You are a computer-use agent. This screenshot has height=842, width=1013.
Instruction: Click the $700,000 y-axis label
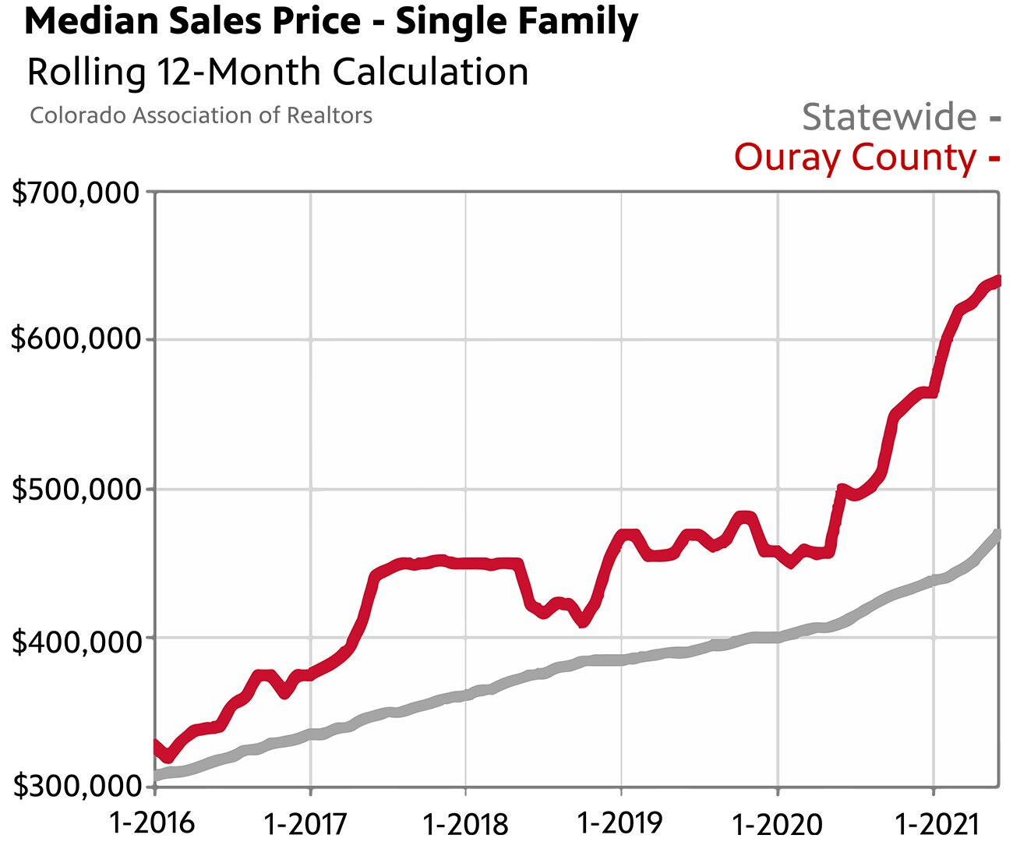click(x=76, y=193)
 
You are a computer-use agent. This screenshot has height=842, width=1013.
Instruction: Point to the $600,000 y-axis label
click(x=76, y=339)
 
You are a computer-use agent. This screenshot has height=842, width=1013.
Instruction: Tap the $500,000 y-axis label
click(x=76, y=490)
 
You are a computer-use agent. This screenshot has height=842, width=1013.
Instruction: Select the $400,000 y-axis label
click(x=76, y=639)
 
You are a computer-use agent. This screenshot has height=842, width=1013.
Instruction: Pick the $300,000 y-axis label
click(x=76, y=786)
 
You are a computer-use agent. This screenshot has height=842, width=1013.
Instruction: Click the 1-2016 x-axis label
click(x=153, y=822)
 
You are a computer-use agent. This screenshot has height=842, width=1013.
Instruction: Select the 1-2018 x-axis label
click(x=464, y=823)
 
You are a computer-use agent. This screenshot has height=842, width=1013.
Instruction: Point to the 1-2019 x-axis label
click(x=619, y=822)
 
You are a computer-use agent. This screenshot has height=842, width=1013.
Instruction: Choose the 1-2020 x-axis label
click(x=777, y=823)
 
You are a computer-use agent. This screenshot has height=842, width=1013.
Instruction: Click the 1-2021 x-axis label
click(x=933, y=823)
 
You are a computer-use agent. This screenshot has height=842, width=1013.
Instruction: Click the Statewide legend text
click(x=889, y=117)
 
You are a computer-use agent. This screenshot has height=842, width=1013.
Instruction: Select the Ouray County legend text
click(x=855, y=157)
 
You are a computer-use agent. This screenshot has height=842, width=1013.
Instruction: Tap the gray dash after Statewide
click(x=994, y=119)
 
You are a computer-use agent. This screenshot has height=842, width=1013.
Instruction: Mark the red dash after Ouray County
click(x=994, y=159)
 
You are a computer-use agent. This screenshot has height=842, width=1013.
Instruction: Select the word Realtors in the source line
click(x=330, y=115)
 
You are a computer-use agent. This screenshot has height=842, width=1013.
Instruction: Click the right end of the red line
click(x=997, y=281)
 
